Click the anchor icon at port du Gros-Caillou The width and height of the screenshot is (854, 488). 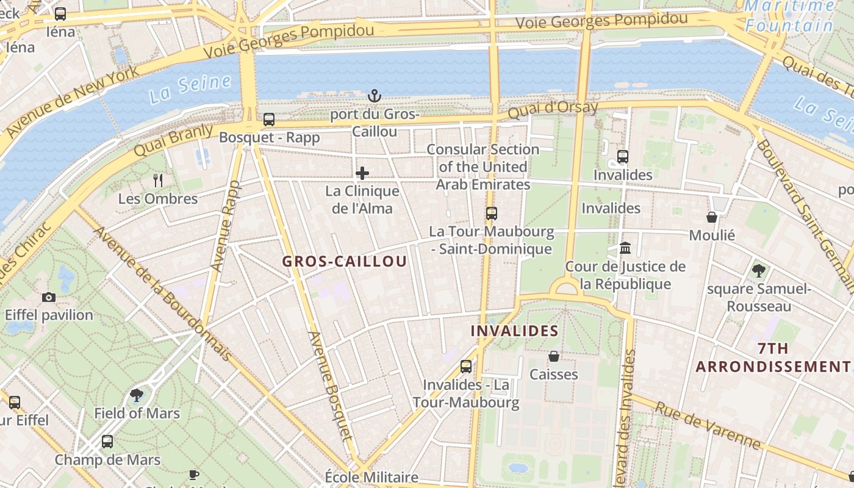coord(375,96)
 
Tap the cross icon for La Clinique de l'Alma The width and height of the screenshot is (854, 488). coord(362,173)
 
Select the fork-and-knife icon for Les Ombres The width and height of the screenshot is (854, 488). coord(158,180)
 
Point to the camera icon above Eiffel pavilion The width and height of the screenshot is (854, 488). coord(49,297)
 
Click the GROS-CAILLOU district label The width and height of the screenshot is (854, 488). coord(344,262)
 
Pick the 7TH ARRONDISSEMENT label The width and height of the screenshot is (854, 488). coord(773,357)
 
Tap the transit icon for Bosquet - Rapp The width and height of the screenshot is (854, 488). coord(269,120)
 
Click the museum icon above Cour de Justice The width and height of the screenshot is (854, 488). coord(625,248)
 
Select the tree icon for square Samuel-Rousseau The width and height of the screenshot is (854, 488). coord(758,270)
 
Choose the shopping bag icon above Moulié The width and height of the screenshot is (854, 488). coord(712,217)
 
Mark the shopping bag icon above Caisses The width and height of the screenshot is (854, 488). coord(554,356)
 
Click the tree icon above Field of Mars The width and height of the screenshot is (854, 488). coord(137,395)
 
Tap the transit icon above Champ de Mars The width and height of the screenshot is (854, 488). coord(107,441)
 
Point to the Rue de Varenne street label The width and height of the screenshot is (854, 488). coord(707,425)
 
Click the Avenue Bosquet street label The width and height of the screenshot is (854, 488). coord(331,386)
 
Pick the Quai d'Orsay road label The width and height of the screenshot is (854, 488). coord(553,110)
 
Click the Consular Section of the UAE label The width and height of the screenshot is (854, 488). coord(483,167)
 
